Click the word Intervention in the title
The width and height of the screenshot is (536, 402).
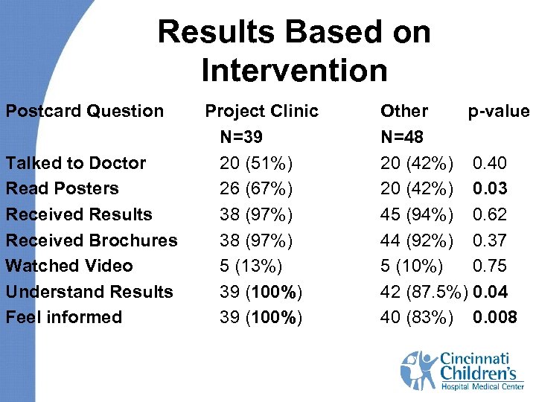[x=294, y=71]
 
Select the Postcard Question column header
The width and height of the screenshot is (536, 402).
[x=85, y=112]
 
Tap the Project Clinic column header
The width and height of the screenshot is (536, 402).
[x=261, y=112]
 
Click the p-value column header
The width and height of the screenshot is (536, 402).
[x=498, y=112]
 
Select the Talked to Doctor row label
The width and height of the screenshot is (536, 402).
[x=76, y=163]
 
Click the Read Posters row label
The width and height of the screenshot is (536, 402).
[x=62, y=188]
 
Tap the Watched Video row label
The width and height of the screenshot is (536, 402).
[x=69, y=266]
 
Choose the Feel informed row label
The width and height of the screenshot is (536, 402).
[x=63, y=317]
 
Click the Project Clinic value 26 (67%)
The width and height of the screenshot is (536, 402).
[x=256, y=188]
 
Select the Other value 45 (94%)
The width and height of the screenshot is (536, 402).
[x=416, y=214]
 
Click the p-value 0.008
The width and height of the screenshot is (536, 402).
[x=495, y=318]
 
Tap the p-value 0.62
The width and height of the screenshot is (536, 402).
[x=490, y=214]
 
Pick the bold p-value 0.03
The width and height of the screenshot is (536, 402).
[x=490, y=188]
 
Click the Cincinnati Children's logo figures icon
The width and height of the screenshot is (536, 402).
[x=418, y=370]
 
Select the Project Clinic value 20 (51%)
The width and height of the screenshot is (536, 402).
[x=256, y=163]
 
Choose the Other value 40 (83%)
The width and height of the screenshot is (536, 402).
[x=416, y=318]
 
